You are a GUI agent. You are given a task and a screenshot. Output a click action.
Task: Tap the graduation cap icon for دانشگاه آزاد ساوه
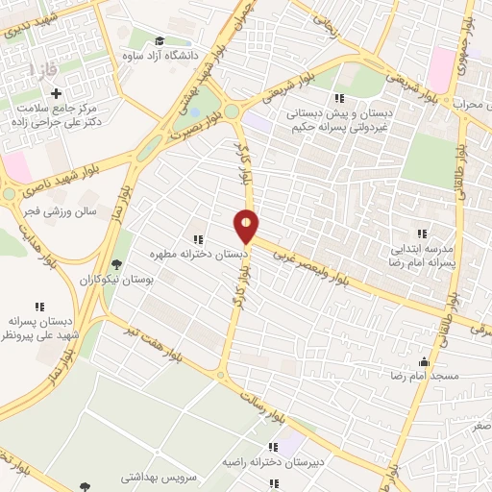tap(158, 40)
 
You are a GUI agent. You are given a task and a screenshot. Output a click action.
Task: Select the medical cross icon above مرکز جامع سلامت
tap(57, 94)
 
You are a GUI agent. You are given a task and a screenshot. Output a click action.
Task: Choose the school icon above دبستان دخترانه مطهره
tap(198, 239)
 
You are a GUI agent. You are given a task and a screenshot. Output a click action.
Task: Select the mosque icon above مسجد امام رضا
tap(424, 361)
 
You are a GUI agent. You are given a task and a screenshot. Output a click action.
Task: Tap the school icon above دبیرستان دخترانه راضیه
tap(274, 447)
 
